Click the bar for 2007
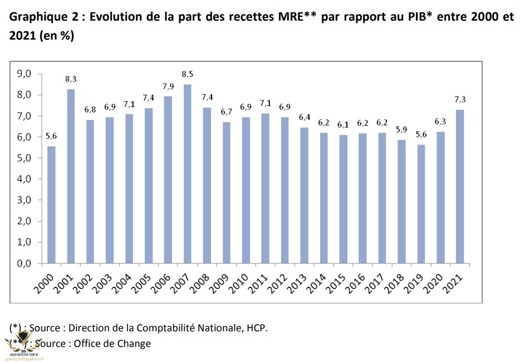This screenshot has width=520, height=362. pyautogui.click(x=188, y=173)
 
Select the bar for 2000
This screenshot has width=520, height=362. pyautogui.click(x=52, y=204)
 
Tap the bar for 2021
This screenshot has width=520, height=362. pyautogui.click(x=460, y=186)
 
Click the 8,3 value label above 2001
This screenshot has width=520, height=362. pyautogui.click(x=71, y=79)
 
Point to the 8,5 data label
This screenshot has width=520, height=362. pyautogui.click(x=188, y=74)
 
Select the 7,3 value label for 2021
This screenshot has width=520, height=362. pyautogui.click(x=460, y=99)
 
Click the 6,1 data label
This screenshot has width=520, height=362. pyautogui.click(x=343, y=124)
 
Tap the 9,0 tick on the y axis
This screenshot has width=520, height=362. pyautogui.click(x=26, y=74)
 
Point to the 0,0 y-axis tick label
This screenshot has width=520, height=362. pyautogui.click(x=26, y=264)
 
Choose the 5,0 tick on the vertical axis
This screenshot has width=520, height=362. pyautogui.click(x=26, y=158)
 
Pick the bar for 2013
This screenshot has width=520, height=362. pyautogui.click(x=304, y=195)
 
